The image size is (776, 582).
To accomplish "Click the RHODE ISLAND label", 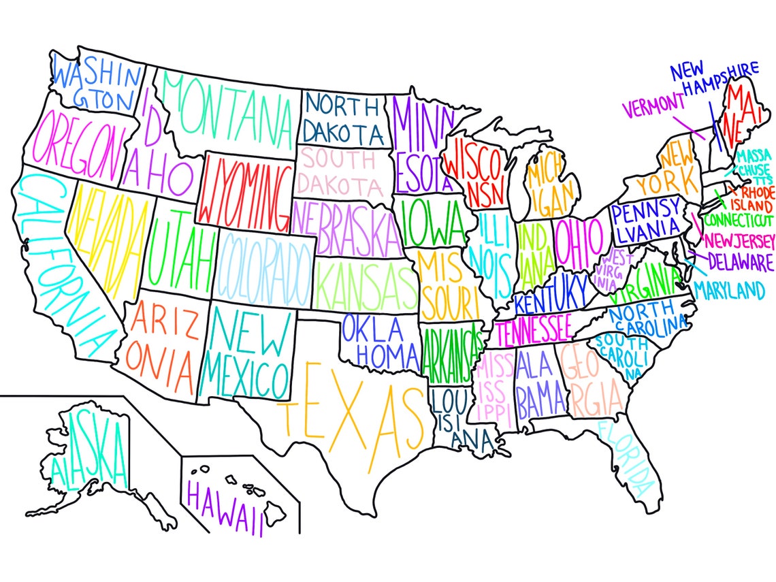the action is point(752,197).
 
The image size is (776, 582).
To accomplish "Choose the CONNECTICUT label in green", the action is point(738,221).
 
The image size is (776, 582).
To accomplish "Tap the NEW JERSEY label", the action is point(741,241).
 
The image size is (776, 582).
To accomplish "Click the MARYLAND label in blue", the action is point(729,292).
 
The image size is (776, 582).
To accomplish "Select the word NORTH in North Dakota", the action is point(342,106).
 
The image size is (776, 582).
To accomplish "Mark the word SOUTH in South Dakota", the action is point(339,161).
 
